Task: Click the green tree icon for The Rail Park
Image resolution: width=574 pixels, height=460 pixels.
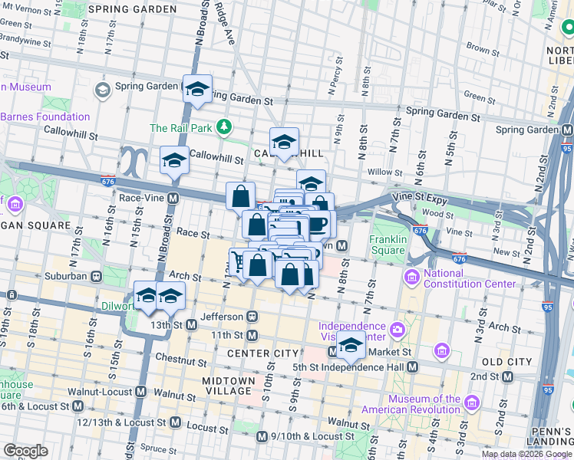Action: click(223, 127)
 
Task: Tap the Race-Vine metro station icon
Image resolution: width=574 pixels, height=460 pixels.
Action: click(173, 198)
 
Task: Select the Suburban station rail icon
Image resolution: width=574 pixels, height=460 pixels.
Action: click(96, 276)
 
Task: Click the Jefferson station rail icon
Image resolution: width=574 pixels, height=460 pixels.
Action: click(251, 316)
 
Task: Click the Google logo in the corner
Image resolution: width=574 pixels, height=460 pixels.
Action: click(25, 451)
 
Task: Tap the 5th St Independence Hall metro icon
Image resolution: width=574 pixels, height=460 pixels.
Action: click(412, 367)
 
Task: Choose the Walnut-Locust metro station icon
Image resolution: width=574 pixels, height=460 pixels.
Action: click(140, 392)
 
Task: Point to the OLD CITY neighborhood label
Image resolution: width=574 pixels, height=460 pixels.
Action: click(506, 361)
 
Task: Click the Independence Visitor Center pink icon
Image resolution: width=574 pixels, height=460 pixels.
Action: click(398, 330)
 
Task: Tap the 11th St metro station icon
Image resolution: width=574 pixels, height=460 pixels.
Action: click(251, 335)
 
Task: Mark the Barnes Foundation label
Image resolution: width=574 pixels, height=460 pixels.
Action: click(45, 117)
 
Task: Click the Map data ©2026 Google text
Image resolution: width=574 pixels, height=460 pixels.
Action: click(526, 454)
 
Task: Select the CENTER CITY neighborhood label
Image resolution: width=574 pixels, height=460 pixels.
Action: click(262, 353)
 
